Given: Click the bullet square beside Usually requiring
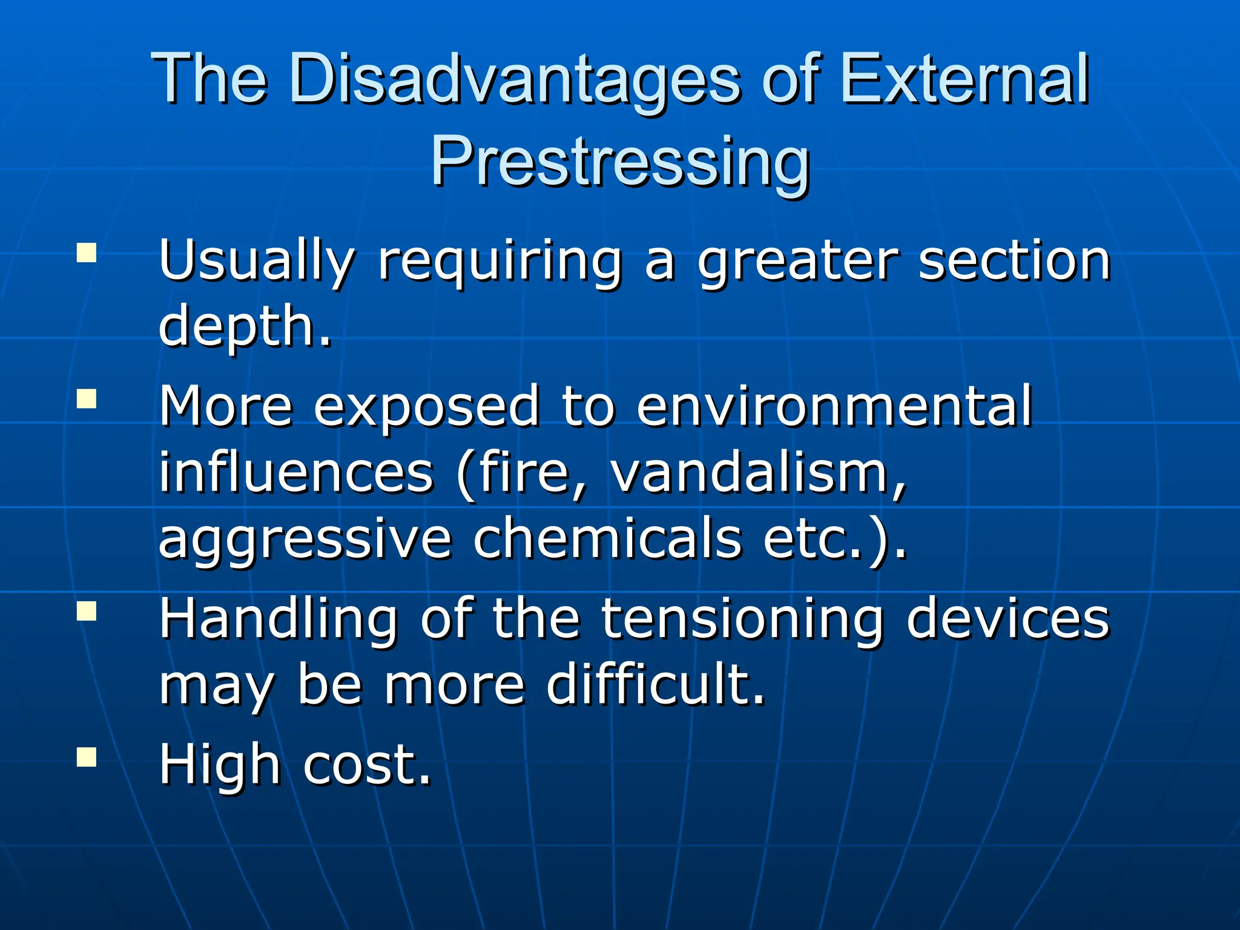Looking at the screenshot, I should [x=87, y=252].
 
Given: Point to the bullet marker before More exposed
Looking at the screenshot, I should [x=87, y=399].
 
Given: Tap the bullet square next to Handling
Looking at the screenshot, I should [x=87, y=610].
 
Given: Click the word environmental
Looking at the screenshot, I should [x=834, y=406].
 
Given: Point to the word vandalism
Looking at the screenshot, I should [x=757, y=473].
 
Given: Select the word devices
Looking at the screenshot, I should [x=1007, y=619].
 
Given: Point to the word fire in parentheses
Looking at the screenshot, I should [x=524, y=473].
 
